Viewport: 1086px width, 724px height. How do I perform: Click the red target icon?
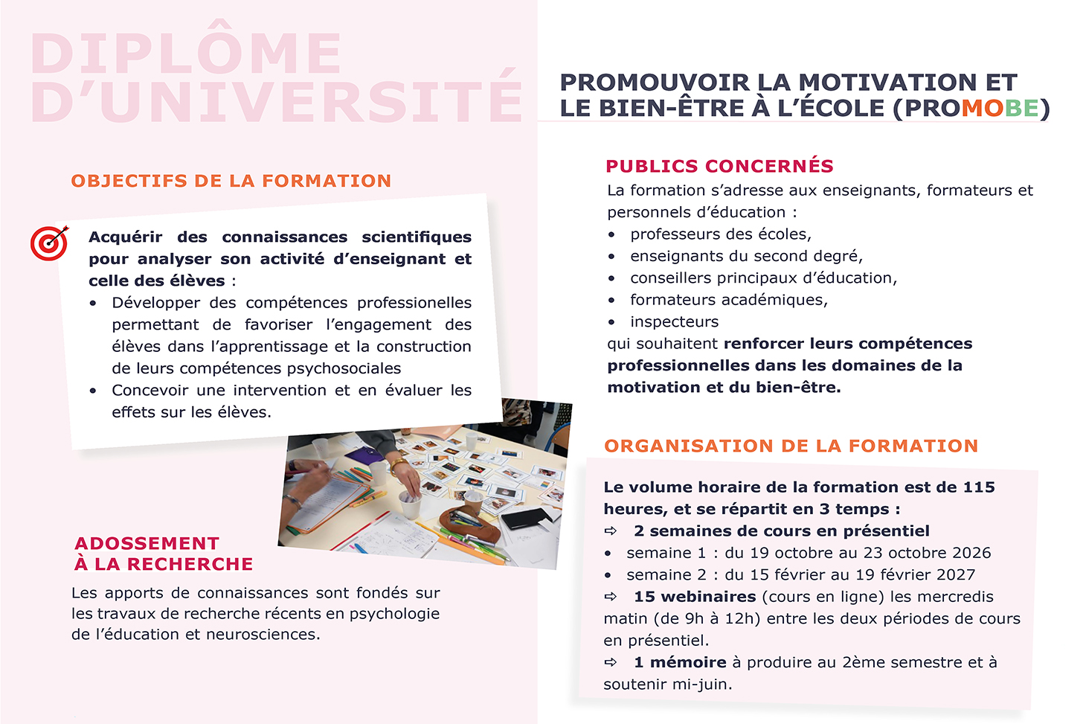(49, 243)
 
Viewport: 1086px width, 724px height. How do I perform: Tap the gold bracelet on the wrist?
(399, 467)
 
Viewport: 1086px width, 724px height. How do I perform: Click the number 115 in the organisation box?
(978, 487)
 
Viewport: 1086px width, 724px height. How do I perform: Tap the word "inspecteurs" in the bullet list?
(674, 321)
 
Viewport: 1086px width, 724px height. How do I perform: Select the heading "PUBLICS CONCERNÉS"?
(719, 166)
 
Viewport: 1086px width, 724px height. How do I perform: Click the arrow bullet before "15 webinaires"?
(611, 597)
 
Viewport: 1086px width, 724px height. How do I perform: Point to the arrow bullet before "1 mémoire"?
(611, 662)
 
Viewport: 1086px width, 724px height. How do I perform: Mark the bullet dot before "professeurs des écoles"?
(611, 235)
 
